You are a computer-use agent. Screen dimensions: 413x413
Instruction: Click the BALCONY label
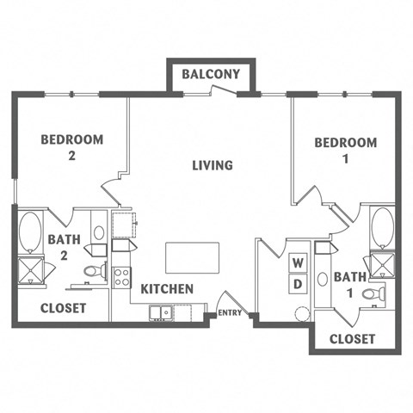tap(211, 75)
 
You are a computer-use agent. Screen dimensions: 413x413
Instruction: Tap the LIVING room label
tap(212, 164)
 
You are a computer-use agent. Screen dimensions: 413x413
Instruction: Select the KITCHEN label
tap(167, 289)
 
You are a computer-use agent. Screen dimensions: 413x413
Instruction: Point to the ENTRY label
tap(230, 313)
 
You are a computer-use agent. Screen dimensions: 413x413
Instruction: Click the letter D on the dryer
tap(298, 283)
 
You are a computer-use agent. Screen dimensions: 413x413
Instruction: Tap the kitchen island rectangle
tap(192, 256)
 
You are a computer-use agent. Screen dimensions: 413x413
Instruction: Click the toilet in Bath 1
tap(373, 294)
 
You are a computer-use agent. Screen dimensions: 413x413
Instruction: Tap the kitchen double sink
tap(160, 311)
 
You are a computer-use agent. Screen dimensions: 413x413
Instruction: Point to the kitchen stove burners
tap(121, 277)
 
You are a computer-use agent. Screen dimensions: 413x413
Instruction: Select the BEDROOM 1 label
tap(345, 151)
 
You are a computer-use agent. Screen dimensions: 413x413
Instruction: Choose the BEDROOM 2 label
tap(73, 146)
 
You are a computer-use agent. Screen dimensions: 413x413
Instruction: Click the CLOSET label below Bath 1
tap(353, 339)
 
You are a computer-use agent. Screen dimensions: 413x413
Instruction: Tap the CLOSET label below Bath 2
tap(64, 307)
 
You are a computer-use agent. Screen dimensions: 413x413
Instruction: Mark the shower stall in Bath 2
tap(31, 269)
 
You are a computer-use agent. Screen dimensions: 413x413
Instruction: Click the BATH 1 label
tap(349, 284)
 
